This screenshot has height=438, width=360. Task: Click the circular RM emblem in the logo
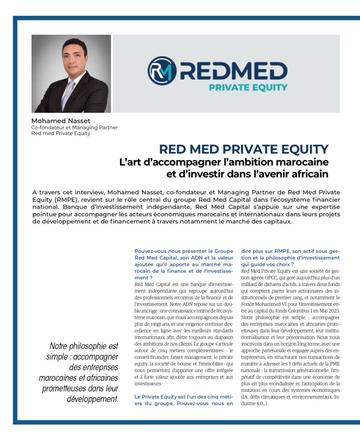coord(162,71)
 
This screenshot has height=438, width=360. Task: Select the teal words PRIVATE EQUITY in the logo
coord(248,87)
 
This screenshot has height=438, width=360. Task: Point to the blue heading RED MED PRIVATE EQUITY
coord(244,149)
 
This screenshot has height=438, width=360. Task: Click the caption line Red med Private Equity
coord(61,133)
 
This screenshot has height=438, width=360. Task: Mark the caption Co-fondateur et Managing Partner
coord(74,127)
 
